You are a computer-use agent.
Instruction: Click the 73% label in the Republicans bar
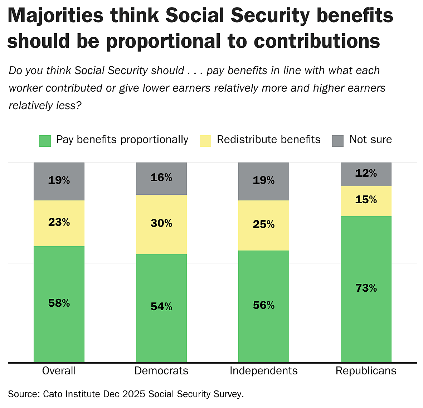click(x=366, y=288)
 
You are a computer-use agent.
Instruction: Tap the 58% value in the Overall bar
click(x=59, y=303)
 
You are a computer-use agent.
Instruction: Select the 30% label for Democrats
click(x=161, y=223)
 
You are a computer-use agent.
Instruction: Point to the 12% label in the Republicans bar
click(x=366, y=173)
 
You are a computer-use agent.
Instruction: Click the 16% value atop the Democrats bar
click(x=161, y=178)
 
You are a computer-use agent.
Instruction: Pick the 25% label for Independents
click(x=264, y=224)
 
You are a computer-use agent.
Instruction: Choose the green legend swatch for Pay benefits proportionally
click(x=45, y=141)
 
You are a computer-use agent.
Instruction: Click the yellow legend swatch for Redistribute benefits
click(x=205, y=141)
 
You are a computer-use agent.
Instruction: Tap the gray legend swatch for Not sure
click(x=338, y=141)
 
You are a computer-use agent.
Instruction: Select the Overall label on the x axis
click(x=59, y=370)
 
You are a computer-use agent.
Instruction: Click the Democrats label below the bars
click(x=161, y=370)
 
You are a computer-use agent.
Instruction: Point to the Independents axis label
click(x=264, y=370)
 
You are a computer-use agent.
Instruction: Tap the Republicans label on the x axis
click(x=366, y=370)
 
